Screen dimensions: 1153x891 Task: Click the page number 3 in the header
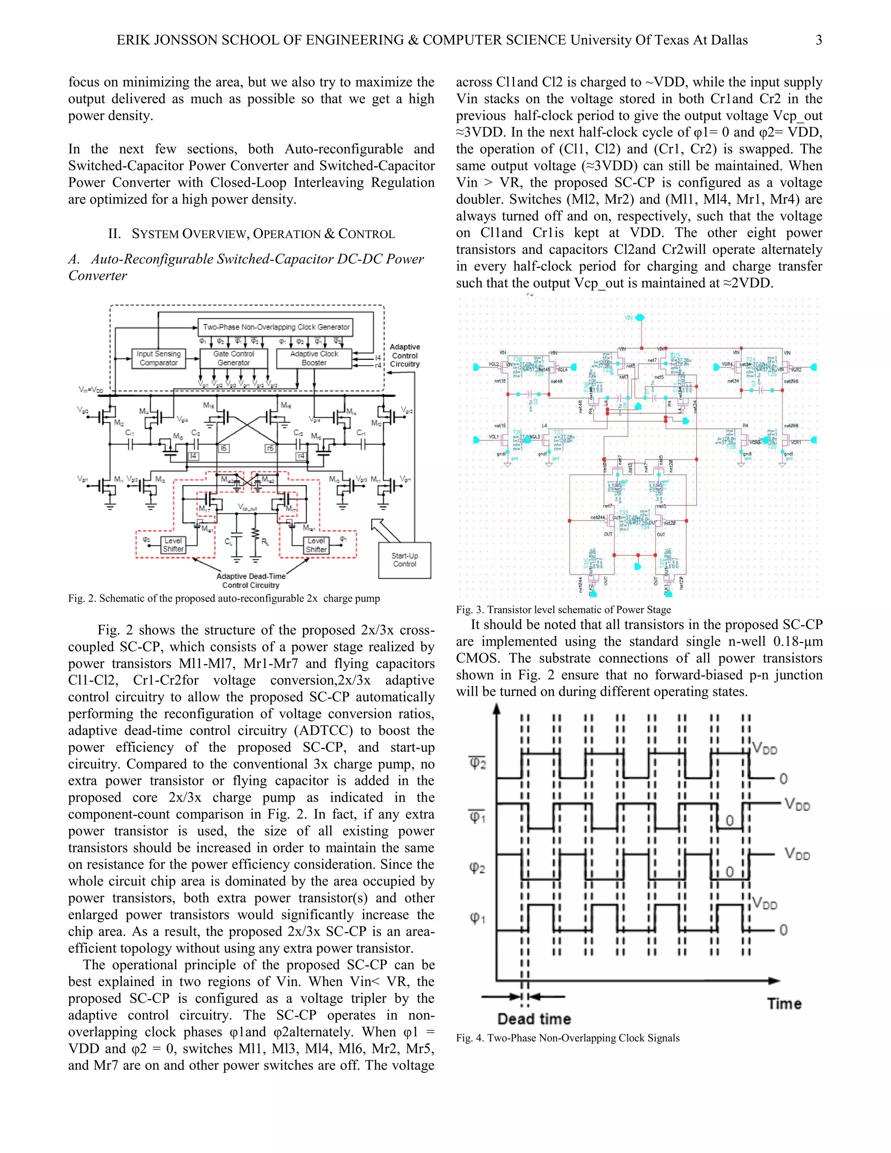(819, 40)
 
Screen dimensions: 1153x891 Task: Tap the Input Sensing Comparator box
(158, 359)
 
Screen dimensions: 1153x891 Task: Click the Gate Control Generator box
(233, 359)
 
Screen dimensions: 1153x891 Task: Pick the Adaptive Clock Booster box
(314, 359)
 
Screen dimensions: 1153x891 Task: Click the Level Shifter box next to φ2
(173, 545)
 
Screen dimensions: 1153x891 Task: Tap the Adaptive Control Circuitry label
(405, 355)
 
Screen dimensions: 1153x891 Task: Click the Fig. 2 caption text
(224, 599)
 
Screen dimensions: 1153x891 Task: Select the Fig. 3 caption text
(563, 610)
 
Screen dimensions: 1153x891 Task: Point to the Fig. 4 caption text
(567, 1038)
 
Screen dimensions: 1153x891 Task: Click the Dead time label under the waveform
(534, 1019)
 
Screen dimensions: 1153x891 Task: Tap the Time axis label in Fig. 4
(784, 1004)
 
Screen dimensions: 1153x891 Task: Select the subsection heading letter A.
(74, 259)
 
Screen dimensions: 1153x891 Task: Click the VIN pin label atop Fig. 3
(629, 318)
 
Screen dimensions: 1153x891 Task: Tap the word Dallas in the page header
(728, 40)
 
